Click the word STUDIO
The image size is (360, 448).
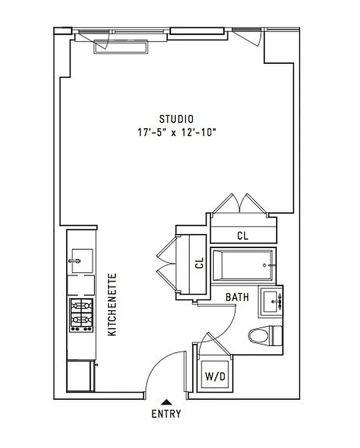[176, 119]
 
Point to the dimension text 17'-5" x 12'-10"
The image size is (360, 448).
[176, 133]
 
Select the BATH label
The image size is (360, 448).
[237, 297]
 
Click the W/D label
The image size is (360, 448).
[214, 377]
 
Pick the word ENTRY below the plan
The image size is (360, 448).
[166, 414]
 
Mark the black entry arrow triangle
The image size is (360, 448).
[166, 401]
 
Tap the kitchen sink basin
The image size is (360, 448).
[81, 260]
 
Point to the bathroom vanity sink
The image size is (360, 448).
[272, 301]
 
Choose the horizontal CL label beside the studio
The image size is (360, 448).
[242, 236]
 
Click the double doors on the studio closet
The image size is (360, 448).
[240, 203]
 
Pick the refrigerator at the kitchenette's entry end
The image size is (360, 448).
[80, 376]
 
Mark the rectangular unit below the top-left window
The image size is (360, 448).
[121, 48]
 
